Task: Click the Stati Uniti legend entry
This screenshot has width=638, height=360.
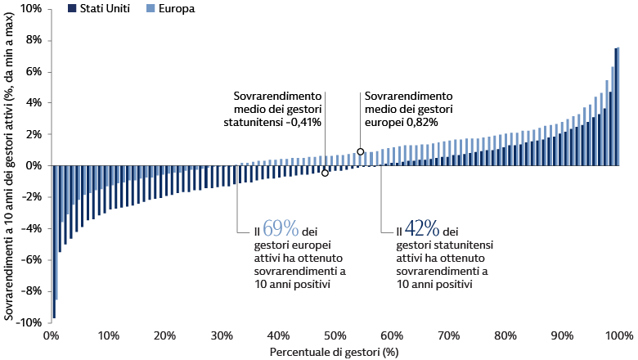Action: [102, 8]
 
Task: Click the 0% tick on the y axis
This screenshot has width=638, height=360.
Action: [33, 165]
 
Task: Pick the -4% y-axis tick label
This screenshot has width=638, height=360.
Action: [30, 228]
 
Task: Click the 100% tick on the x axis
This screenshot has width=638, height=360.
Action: [618, 336]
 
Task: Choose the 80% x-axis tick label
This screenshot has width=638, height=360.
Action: [505, 336]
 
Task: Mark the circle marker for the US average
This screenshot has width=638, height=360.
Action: [325, 173]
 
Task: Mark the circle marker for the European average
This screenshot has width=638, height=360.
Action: [361, 151]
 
